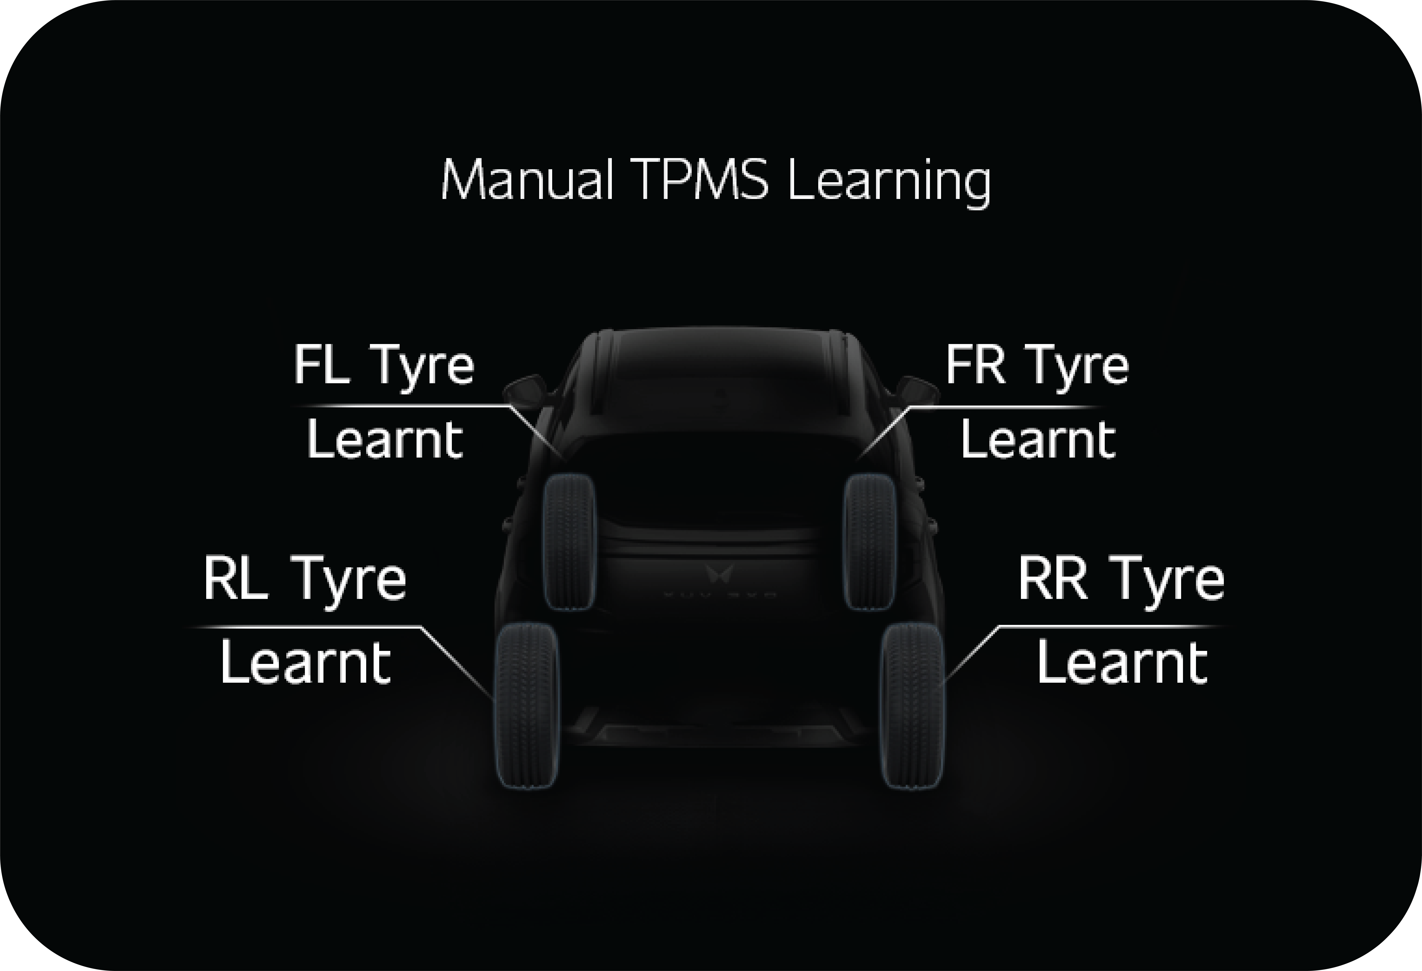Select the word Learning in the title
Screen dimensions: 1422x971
point(889,183)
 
